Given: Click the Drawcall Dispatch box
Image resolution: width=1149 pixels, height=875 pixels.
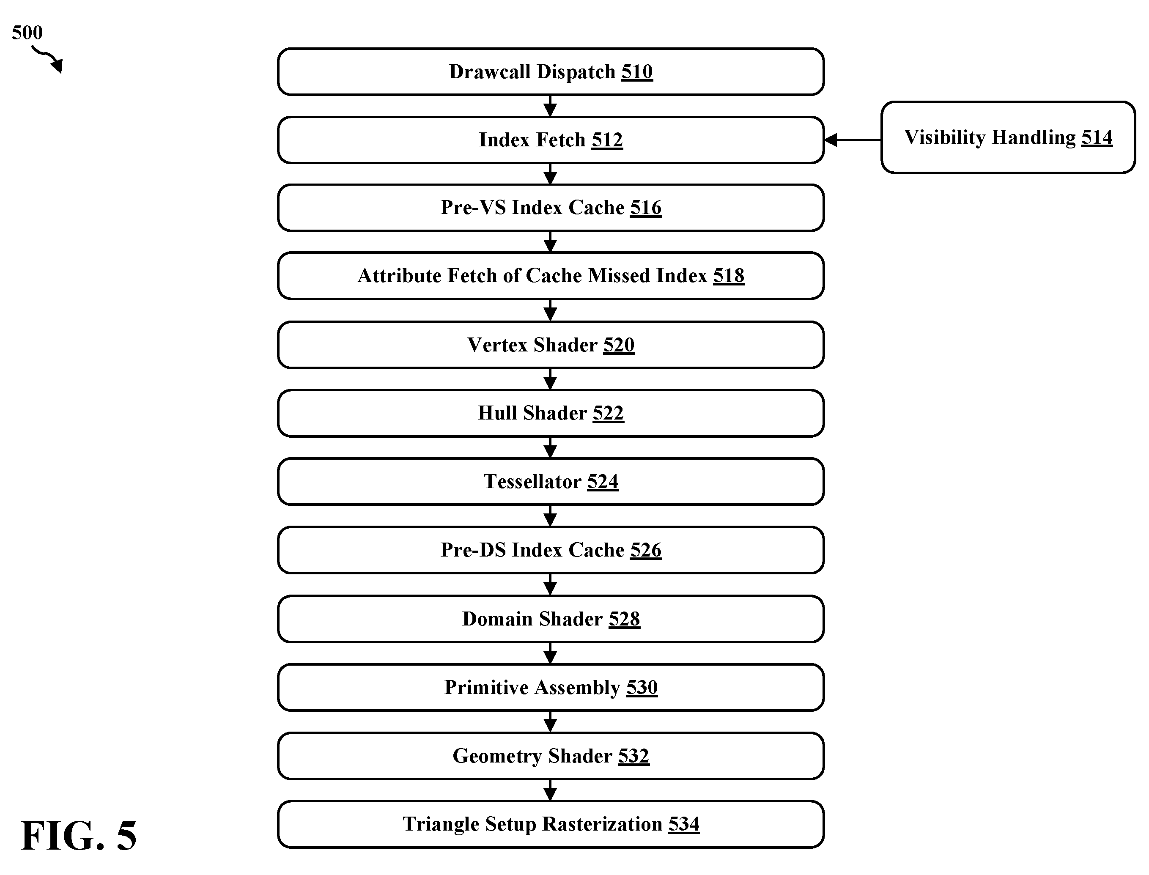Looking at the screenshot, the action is [551, 72].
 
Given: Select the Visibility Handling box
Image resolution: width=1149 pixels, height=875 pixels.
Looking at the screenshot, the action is [1008, 137].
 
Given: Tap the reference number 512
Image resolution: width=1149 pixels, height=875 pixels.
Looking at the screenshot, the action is [607, 140].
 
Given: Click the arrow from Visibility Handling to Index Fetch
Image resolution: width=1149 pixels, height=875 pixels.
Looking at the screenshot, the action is [853, 140].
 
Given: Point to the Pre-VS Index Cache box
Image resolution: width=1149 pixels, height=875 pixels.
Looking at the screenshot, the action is [551, 208].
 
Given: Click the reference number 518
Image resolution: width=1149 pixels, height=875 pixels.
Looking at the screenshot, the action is [729, 275].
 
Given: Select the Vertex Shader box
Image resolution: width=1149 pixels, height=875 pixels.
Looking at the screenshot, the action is [551, 345].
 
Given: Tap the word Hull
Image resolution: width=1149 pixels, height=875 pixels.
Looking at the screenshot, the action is [497, 413].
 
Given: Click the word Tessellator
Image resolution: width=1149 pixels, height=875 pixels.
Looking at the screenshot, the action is [532, 481].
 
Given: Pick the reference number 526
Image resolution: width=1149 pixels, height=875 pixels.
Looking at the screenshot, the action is [646, 550].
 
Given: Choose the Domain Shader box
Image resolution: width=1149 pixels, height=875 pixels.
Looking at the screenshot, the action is [551, 619].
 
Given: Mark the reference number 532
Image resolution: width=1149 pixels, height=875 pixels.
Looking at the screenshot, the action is [634, 756].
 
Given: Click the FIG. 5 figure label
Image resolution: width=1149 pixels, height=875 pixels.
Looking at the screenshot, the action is [79, 835].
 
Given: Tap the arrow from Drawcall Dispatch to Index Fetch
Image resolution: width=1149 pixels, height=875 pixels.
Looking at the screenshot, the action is [551, 106].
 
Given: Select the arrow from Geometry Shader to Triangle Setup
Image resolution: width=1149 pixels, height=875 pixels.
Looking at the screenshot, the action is [551, 790].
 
